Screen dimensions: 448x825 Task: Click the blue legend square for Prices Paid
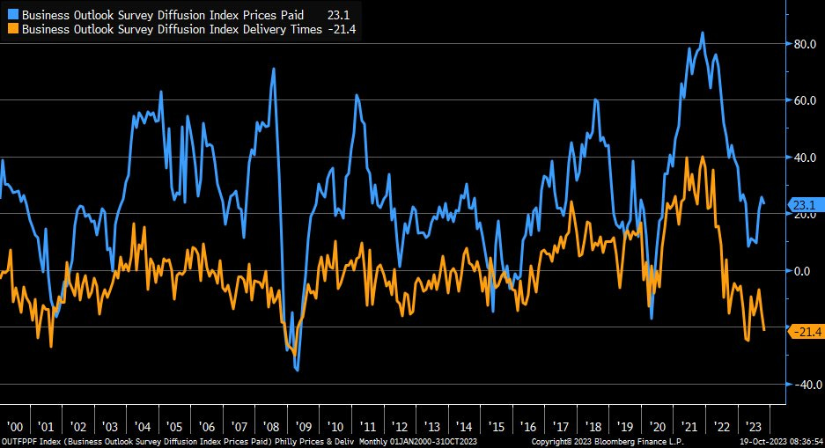pyautogui.click(x=12, y=14)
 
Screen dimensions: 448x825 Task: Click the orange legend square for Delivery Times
pyautogui.click(x=12, y=29)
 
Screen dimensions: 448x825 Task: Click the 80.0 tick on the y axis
pyautogui.click(x=807, y=44)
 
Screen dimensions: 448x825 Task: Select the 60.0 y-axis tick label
pyautogui.click(x=807, y=100)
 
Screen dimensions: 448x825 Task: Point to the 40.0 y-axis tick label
pyautogui.click(x=807, y=158)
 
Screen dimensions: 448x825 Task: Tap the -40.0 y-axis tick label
pyautogui.click(x=805, y=385)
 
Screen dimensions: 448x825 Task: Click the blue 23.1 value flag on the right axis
pyautogui.click(x=806, y=205)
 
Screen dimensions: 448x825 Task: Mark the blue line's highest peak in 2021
pyautogui.click(x=702, y=33)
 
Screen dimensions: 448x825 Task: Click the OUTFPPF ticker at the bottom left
pyautogui.click(x=19, y=440)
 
